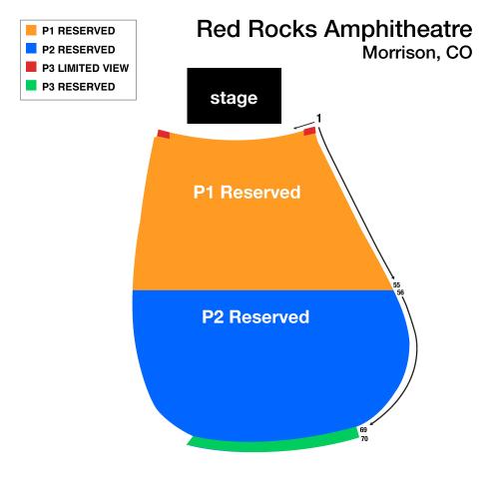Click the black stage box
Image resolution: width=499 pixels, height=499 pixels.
click(235, 96)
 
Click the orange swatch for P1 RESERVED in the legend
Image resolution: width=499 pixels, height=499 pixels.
click(31, 30)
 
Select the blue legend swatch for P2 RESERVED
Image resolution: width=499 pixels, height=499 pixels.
click(31, 48)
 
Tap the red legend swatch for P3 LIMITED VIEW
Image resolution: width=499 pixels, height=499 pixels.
click(31, 67)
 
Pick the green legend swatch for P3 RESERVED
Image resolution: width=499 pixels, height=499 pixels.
click(31, 85)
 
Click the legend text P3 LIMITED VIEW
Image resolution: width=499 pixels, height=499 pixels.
click(86, 68)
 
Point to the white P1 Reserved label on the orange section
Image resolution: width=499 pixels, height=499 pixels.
click(247, 192)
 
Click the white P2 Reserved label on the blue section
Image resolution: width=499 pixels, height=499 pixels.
click(255, 316)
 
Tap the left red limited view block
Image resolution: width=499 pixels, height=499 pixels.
click(164, 134)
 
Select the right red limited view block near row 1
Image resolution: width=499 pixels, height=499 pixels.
click(309, 131)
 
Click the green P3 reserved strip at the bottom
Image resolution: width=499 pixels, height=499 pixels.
click(273, 442)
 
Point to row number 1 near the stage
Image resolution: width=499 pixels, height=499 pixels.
click(319, 118)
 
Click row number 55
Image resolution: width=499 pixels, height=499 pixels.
click(396, 285)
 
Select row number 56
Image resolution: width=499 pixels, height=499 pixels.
click(400, 292)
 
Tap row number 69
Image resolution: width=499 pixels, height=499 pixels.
click(363, 430)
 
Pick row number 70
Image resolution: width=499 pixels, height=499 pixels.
click(364, 439)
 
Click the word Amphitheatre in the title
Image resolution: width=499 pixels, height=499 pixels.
click(398, 29)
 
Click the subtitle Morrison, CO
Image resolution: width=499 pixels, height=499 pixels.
click(417, 53)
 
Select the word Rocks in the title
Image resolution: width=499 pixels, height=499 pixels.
click(282, 29)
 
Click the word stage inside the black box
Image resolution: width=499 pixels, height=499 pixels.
click(234, 98)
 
